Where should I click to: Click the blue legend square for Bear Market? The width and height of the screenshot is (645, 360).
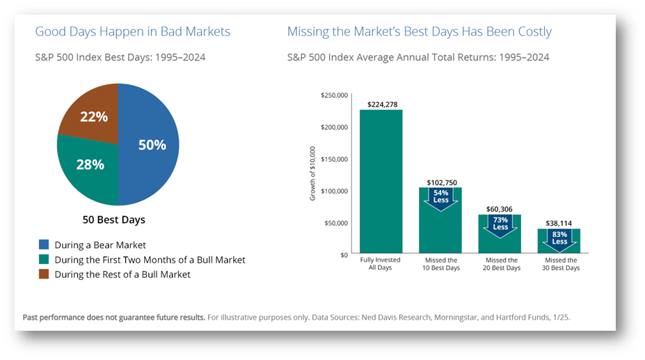point(44,244)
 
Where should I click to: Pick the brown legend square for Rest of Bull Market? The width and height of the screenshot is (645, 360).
point(44,274)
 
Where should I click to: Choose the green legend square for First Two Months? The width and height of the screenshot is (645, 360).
point(44,259)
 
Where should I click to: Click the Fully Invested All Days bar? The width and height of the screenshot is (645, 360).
point(381,181)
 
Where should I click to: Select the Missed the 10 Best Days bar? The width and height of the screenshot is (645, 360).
point(440,220)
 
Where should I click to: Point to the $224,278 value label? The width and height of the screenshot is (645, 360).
point(383,104)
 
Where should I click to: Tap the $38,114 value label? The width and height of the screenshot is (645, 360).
point(559,224)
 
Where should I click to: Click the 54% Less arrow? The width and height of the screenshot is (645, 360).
point(440,199)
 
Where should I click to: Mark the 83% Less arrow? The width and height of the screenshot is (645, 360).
point(559,240)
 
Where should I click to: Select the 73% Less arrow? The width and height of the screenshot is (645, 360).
point(500,226)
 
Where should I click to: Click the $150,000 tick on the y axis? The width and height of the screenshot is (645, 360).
point(334,159)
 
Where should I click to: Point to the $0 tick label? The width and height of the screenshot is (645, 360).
point(344,256)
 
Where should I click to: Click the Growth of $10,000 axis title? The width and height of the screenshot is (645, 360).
point(312,173)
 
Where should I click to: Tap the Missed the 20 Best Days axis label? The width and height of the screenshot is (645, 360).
point(502,264)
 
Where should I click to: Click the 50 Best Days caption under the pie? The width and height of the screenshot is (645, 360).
point(114,220)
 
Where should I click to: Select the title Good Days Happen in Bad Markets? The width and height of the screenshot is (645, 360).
point(132,32)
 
